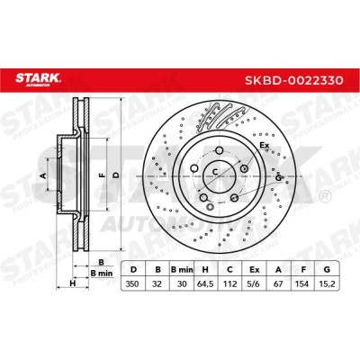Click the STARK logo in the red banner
point(38,79)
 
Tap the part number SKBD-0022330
point(294,80)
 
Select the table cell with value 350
point(132,283)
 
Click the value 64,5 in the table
point(205,283)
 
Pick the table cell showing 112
point(229,283)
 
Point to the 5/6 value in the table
point(254,283)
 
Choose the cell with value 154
point(303,283)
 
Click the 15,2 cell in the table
point(327,283)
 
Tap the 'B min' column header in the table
point(182,270)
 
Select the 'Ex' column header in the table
point(254,270)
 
